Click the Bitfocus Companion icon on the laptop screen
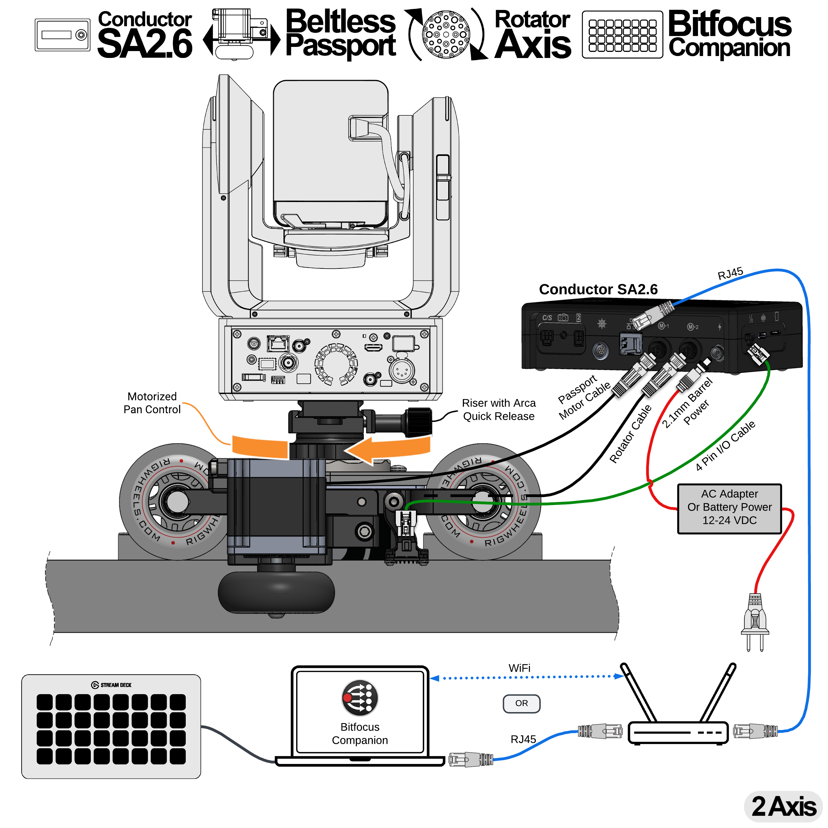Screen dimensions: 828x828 (x=360, y=698)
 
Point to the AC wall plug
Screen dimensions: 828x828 (x=755, y=622)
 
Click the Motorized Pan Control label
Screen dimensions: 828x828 (x=152, y=403)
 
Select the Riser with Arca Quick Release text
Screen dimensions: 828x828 (x=498, y=410)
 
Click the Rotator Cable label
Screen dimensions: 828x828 (x=630, y=434)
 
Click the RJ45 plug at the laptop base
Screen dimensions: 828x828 (x=470, y=760)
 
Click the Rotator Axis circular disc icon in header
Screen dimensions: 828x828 (x=446, y=34)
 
